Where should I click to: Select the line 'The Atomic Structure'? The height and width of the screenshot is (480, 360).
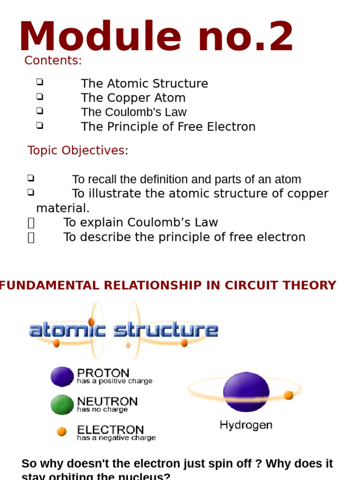pos(144,83)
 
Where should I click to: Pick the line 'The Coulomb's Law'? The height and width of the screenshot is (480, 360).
pos(134,112)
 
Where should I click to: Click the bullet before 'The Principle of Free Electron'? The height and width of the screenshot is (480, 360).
pos(39,126)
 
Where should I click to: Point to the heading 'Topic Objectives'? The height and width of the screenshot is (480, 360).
pos(76,150)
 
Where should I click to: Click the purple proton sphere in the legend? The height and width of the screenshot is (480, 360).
pos(62,376)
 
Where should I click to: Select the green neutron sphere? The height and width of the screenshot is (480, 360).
pos(62,405)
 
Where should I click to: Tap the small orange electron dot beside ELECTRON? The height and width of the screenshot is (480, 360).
pos(61,431)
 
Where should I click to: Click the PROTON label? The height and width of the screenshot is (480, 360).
pos(103,373)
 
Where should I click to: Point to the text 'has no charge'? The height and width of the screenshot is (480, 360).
pos(102,410)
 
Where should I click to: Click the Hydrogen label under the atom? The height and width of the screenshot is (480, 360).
pos(246,425)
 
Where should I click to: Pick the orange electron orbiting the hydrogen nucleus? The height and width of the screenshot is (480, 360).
pos(289,395)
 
